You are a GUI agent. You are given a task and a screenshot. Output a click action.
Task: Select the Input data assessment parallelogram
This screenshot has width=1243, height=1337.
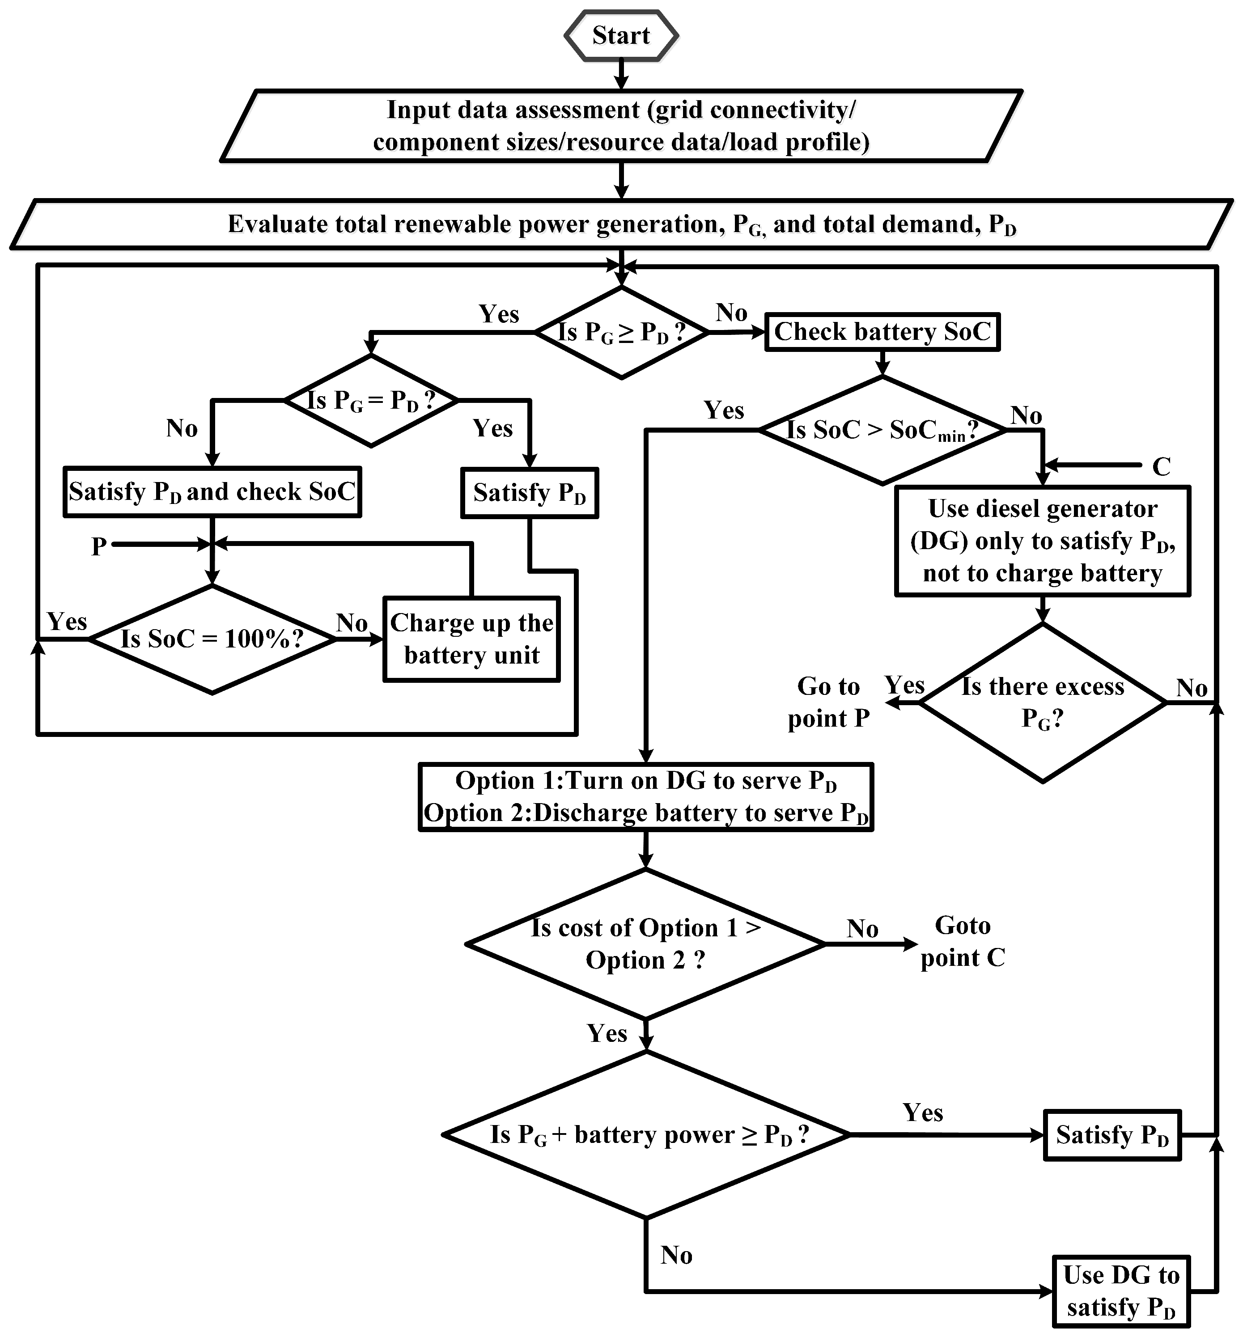(621, 126)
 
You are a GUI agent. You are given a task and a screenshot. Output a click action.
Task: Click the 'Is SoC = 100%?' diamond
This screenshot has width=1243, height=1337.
(212, 639)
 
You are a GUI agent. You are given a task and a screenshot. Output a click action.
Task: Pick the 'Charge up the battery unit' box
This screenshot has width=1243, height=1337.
(471, 639)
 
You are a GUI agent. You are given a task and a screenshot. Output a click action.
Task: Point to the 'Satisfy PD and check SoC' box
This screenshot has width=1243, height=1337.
(212, 491)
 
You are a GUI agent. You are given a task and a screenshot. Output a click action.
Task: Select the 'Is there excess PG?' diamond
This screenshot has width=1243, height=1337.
(1043, 703)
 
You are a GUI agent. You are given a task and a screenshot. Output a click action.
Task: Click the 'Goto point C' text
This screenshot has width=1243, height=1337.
(963, 942)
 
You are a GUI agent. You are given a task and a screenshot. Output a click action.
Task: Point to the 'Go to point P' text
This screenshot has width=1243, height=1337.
(829, 702)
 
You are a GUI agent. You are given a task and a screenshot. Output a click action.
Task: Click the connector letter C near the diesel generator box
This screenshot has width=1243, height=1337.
(1162, 466)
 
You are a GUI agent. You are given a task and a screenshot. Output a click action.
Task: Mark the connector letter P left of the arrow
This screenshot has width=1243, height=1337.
(99, 546)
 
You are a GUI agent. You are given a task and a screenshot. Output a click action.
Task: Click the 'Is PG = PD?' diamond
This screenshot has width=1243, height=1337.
(371, 401)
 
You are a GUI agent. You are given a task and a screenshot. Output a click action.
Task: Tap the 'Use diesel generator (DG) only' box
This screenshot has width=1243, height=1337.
(1043, 541)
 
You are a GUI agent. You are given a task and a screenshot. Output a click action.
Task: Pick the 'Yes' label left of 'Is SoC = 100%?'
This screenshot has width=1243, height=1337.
(67, 622)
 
